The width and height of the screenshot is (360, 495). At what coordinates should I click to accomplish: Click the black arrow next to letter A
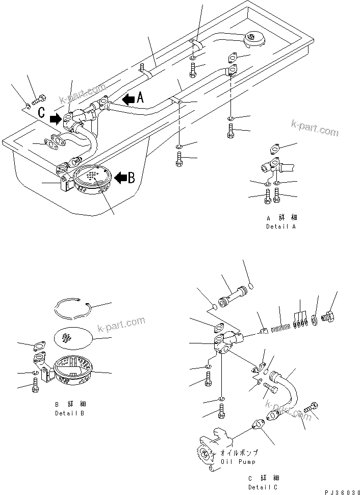(128, 99)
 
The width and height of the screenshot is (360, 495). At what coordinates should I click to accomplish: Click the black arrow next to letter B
(120, 178)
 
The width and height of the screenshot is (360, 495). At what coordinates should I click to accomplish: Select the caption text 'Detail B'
(69, 413)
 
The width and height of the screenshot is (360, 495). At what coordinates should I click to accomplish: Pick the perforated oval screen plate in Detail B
(73, 337)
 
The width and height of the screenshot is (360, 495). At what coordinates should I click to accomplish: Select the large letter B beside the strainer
(131, 178)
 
